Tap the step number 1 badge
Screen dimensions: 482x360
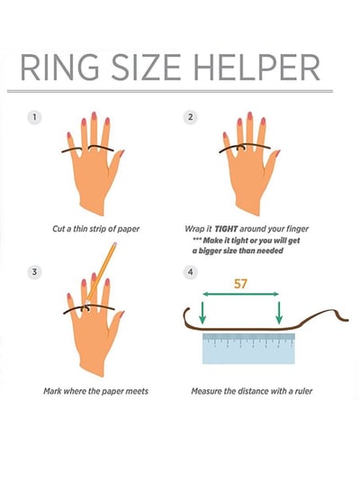point(34,117)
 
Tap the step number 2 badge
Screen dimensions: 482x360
point(190,117)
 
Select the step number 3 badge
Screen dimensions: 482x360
point(34,271)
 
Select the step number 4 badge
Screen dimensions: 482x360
point(190,271)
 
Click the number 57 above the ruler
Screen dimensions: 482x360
point(239,284)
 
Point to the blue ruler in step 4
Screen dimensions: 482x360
point(247,348)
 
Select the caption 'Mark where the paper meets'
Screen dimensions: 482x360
point(95,391)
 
